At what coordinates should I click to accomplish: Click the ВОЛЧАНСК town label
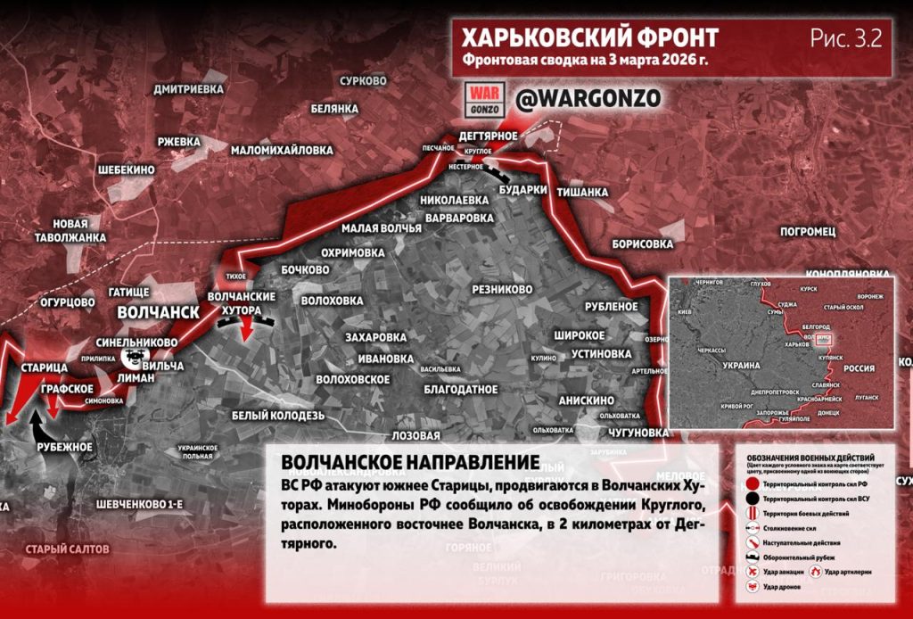158,312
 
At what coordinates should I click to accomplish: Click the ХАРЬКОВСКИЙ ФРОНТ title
589,37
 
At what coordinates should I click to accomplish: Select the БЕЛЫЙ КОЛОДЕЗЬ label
277,416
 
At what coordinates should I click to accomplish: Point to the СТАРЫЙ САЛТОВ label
67,549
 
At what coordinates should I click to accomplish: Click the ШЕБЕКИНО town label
126,169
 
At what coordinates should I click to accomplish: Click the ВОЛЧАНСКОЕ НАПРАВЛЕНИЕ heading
409,463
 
